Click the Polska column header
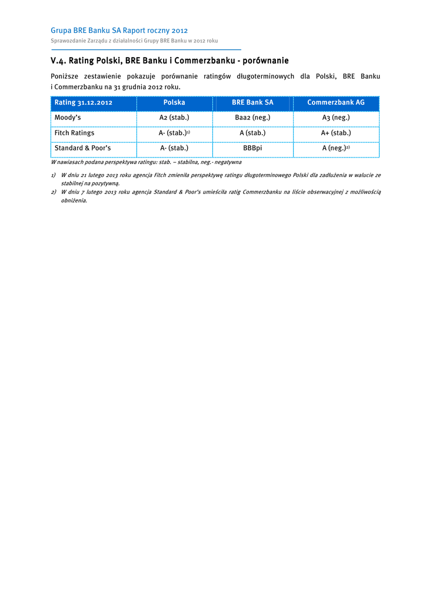tap(174, 103)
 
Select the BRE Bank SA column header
tap(252, 103)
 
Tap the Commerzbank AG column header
tap(336, 103)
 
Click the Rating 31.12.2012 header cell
tap(83, 103)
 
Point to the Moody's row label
tap(68, 118)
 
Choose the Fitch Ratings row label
tap(74, 133)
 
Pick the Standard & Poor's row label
tap(82, 149)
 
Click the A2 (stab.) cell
tap(174, 118)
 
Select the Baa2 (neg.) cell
tap(252, 118)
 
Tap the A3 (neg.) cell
tap(336, 118)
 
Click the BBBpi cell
tap(252, 149)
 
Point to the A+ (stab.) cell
tap(336, 133)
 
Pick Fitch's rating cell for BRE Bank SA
tap(252, 133)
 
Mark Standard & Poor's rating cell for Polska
tap(174, 149)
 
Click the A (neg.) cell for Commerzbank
tap(335, 149)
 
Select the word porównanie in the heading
tap(267, 61)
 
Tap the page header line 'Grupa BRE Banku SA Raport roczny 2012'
tap(119, 30)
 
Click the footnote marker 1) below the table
tap(53, 175)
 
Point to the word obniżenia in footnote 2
tap(74, 200)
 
